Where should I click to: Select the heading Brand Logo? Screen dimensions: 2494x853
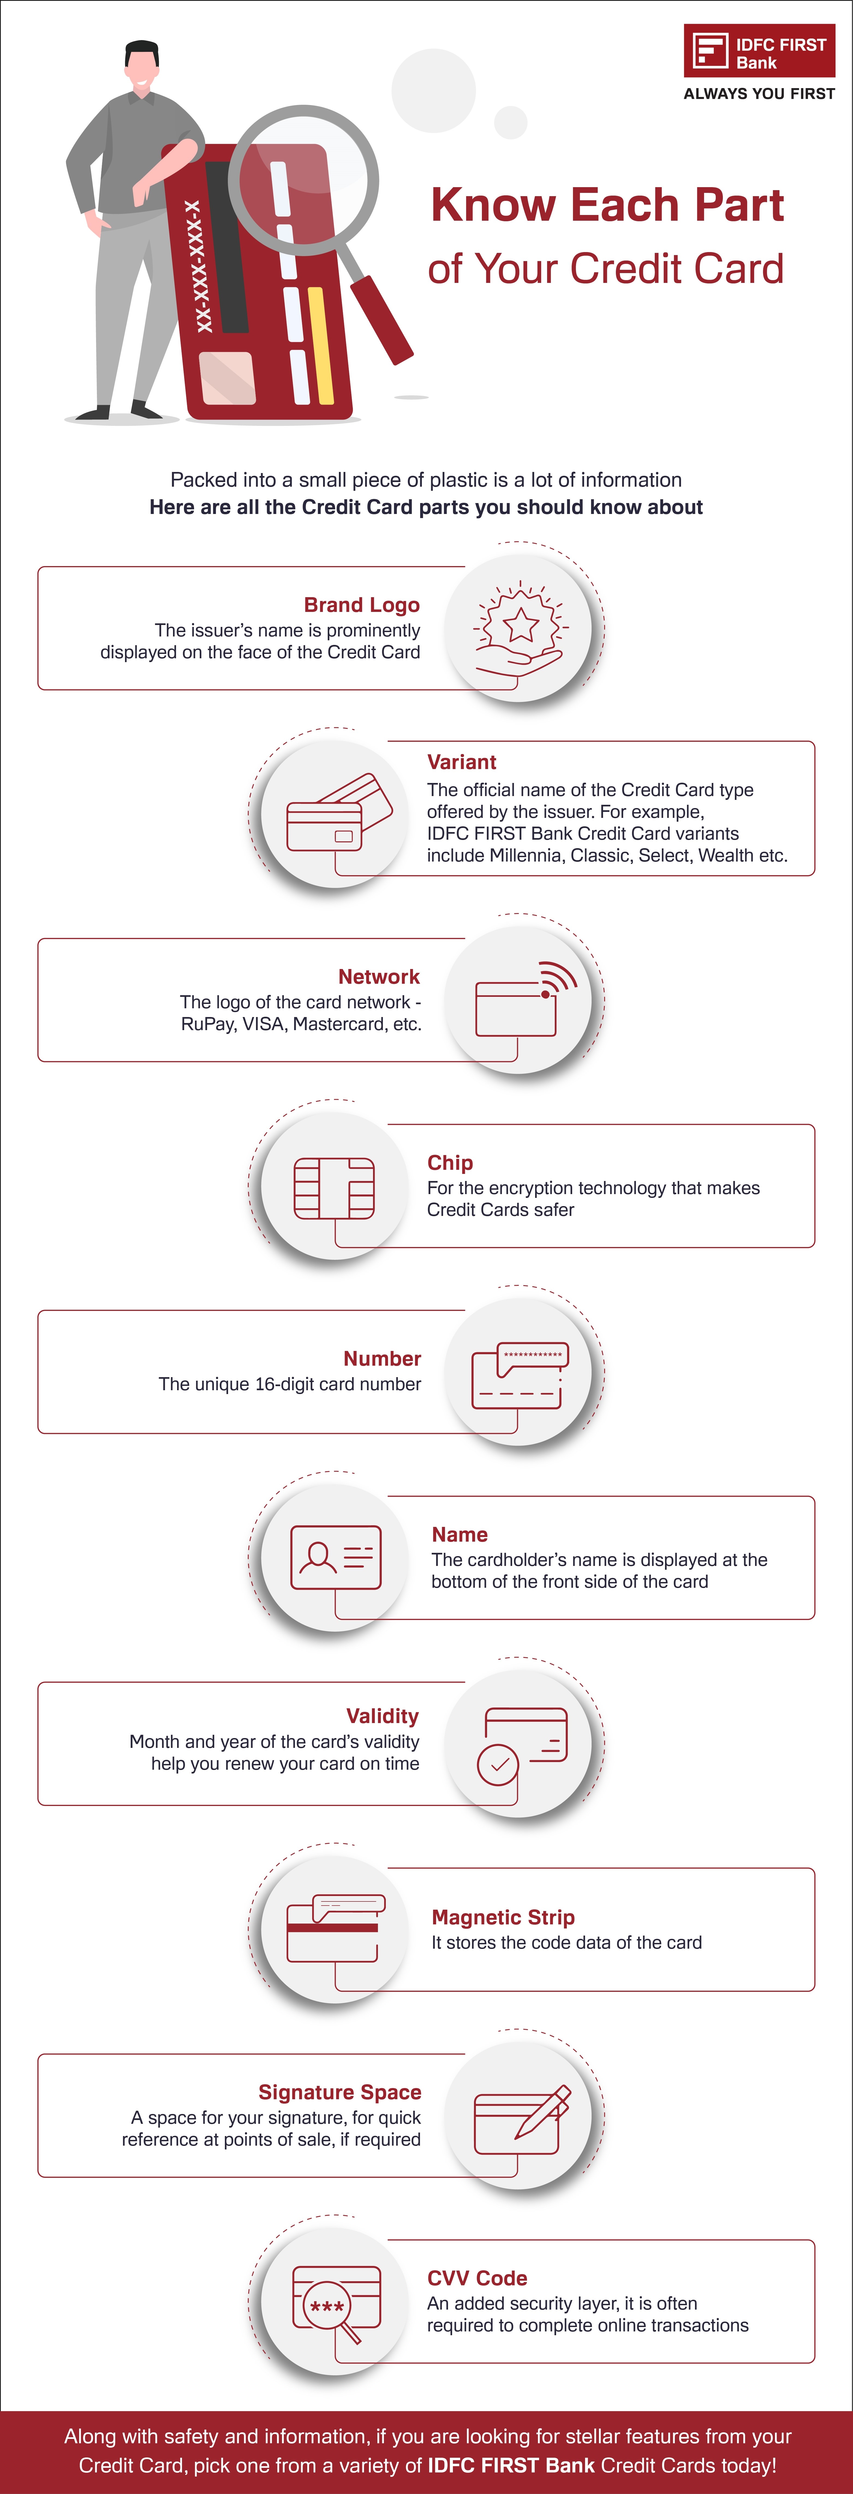pos(361,605)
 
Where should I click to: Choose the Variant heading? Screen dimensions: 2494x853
pos(462,762)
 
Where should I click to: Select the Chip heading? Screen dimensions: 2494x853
pos(450,1163)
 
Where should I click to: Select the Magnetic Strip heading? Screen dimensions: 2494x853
pos(503,1918)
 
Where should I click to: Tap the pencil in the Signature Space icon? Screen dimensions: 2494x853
pos(543,2111)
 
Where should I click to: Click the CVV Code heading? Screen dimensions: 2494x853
pos(477,2278)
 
